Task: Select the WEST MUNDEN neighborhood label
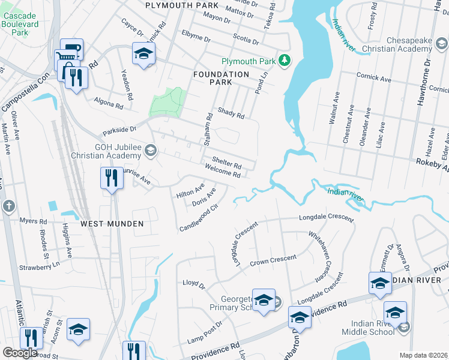112,224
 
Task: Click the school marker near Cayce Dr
143,55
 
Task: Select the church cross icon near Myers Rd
8,206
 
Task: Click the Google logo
20,352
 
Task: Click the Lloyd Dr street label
194,283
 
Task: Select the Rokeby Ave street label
431,161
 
